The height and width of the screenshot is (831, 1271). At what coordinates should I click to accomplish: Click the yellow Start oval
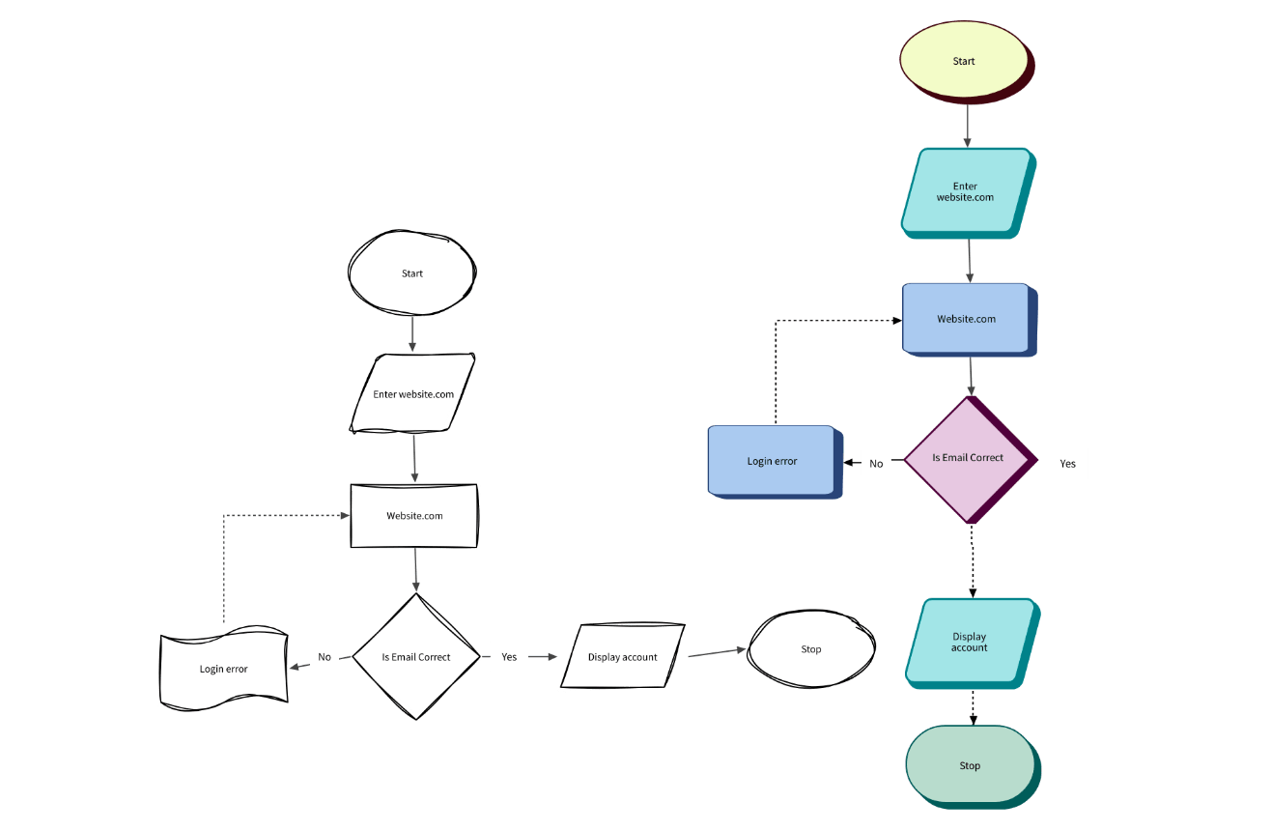coord(964,61)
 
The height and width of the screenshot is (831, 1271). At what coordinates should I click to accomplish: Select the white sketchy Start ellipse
coord(412,273)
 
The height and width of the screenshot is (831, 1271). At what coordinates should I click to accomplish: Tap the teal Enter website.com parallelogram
coord(966,191)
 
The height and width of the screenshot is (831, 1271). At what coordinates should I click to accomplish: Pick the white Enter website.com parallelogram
coord(413,394)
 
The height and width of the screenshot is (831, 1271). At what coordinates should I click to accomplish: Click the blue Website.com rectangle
coord(966,319)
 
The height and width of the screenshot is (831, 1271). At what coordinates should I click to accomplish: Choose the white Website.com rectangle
coord(414,516)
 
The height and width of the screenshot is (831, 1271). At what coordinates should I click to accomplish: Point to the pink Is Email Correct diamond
coord(968,458)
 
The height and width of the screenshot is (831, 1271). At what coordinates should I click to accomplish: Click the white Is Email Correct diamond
coord(416,657)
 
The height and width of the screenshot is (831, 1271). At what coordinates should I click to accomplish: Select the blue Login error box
coord(772,461)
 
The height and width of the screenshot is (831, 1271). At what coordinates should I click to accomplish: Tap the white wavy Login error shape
coord(223,669)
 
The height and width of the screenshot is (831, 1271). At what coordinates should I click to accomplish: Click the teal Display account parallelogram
coord(970,643)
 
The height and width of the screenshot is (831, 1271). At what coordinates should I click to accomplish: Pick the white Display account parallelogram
coord(623,657)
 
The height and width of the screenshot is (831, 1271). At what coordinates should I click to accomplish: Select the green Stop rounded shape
coord(970,765)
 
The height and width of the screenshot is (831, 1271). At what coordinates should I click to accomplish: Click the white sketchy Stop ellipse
coord(811,649)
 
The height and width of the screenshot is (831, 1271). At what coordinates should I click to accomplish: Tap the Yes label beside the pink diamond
coord(1067,464)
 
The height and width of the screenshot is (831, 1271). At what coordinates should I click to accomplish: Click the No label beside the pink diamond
coord(876,464)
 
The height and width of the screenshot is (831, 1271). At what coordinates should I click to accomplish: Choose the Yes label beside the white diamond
coord(509,657)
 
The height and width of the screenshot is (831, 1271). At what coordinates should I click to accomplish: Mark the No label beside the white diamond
coord(325,657)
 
